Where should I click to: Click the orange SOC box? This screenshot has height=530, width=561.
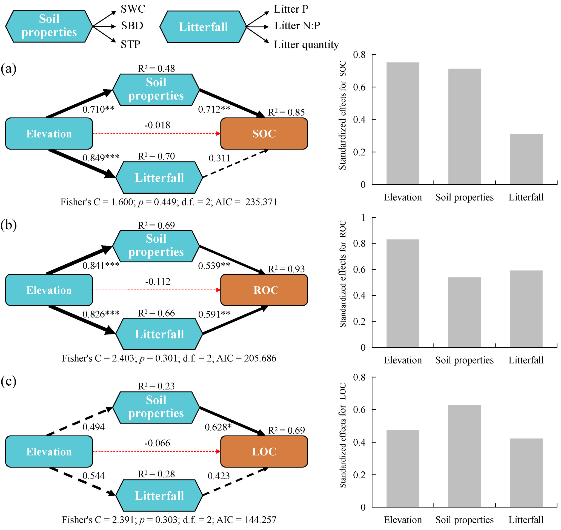coord(264,134)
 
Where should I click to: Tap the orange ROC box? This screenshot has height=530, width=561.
coord(264,290)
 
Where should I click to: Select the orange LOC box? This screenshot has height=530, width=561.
coord(264,452)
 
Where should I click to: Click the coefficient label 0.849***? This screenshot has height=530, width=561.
coord(101,158)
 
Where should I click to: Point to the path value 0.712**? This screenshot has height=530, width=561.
coord(214,109)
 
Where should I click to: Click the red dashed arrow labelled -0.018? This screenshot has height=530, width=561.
coord(157,134)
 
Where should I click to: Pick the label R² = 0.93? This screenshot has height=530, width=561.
coord(286,269)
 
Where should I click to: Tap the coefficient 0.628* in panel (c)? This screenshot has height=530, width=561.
coord(218,427)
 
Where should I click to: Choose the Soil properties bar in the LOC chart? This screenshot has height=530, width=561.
coord(464,456)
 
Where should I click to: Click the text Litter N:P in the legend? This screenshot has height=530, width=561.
coord(297,26)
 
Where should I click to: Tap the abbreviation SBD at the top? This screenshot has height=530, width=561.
coord(132,26)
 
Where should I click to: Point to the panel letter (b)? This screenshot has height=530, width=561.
coord(8,225)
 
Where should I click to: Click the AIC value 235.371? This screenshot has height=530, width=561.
coord(261,202)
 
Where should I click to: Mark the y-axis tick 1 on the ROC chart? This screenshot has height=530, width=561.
coord(363,217)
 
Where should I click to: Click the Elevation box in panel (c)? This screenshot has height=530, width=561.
coord(49,452)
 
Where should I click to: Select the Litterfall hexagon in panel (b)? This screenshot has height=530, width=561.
coord(159,334)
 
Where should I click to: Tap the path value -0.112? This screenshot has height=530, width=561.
coord(158,282)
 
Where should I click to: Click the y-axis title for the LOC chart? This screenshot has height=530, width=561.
coord(342,435)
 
